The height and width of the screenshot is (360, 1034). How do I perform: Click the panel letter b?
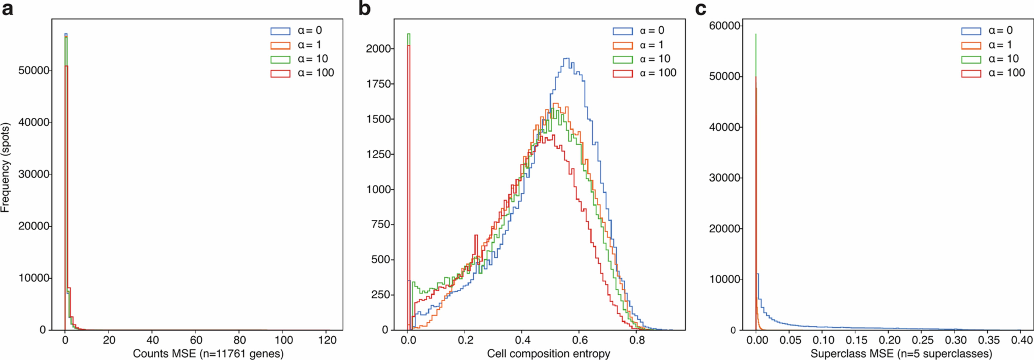click(x=364, y=9)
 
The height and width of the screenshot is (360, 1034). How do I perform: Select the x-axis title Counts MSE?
click(x=208, y=354)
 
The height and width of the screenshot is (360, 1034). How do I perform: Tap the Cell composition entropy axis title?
click(x=548, y=354)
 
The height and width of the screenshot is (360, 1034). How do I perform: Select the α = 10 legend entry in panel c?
click(x=990, y=59)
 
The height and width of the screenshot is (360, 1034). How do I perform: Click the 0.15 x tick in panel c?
click(x=855, y=340)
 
